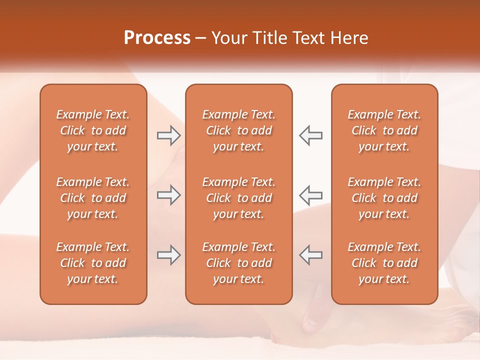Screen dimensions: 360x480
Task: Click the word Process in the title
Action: point(157,38)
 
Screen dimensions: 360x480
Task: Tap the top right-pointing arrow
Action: point(168,135)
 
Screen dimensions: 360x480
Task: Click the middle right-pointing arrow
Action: point(168,195)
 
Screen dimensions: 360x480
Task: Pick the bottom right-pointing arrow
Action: point(168,254)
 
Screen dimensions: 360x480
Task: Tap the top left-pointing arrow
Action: point(310,135)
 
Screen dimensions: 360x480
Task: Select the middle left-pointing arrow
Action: point(310,195)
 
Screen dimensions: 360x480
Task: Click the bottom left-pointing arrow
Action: point(310,254)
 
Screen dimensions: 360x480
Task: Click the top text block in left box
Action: point(93,130)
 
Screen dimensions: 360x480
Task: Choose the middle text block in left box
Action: point(93,198)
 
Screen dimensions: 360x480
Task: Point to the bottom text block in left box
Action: point(93,263)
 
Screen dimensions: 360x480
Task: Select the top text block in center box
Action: point(239,130)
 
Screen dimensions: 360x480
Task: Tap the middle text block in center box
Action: point(239,198)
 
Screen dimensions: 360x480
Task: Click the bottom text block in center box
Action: point(239,263)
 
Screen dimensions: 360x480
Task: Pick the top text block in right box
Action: point(384,130)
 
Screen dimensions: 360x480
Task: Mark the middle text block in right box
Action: point(384,198)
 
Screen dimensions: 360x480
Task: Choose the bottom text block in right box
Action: point(384,263)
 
